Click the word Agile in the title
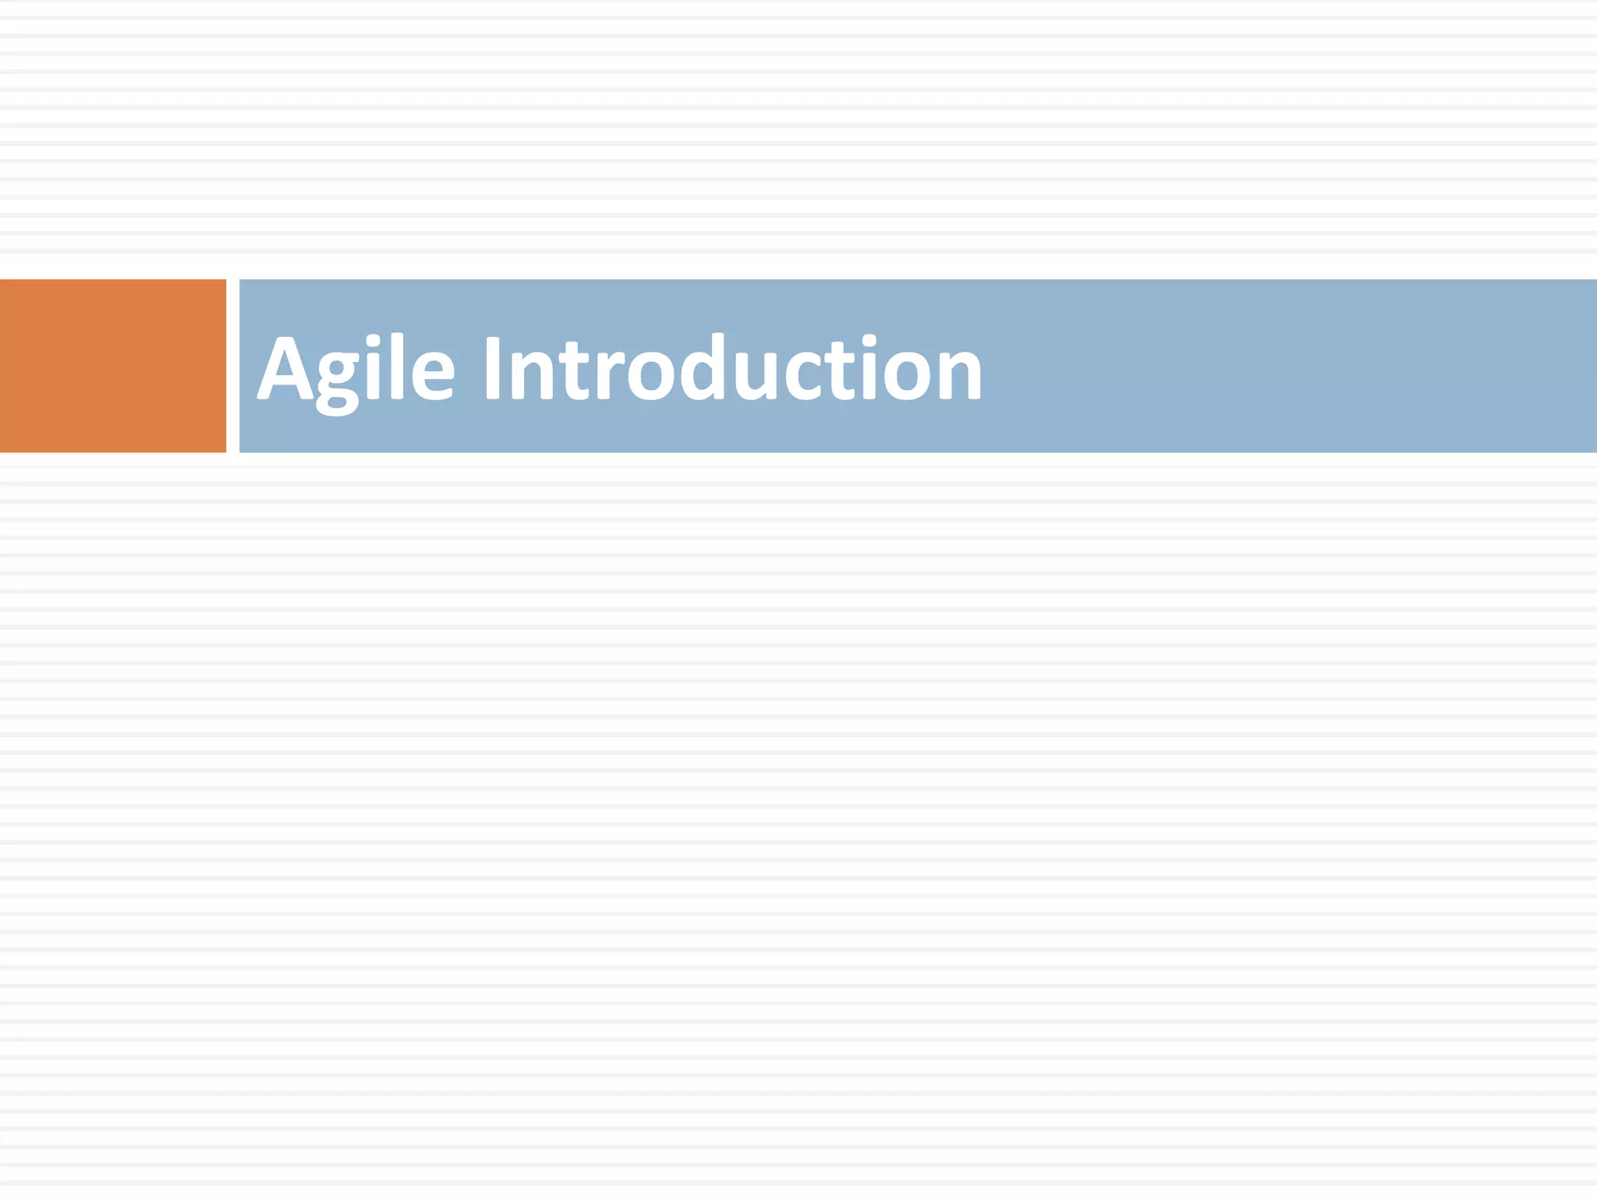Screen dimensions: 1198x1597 (x=356, y=368)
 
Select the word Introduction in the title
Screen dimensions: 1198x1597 (x=732, y=368)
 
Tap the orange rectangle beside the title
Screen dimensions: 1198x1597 (x=112, y=365)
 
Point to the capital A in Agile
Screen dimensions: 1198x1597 (x=285, y=368)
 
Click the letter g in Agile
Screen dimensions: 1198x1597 (x=338, y=379)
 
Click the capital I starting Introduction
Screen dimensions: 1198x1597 (x=492, y=368)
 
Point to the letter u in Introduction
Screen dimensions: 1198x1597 (x=756, y=377)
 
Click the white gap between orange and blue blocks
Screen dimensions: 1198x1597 (x=232, y=365)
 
